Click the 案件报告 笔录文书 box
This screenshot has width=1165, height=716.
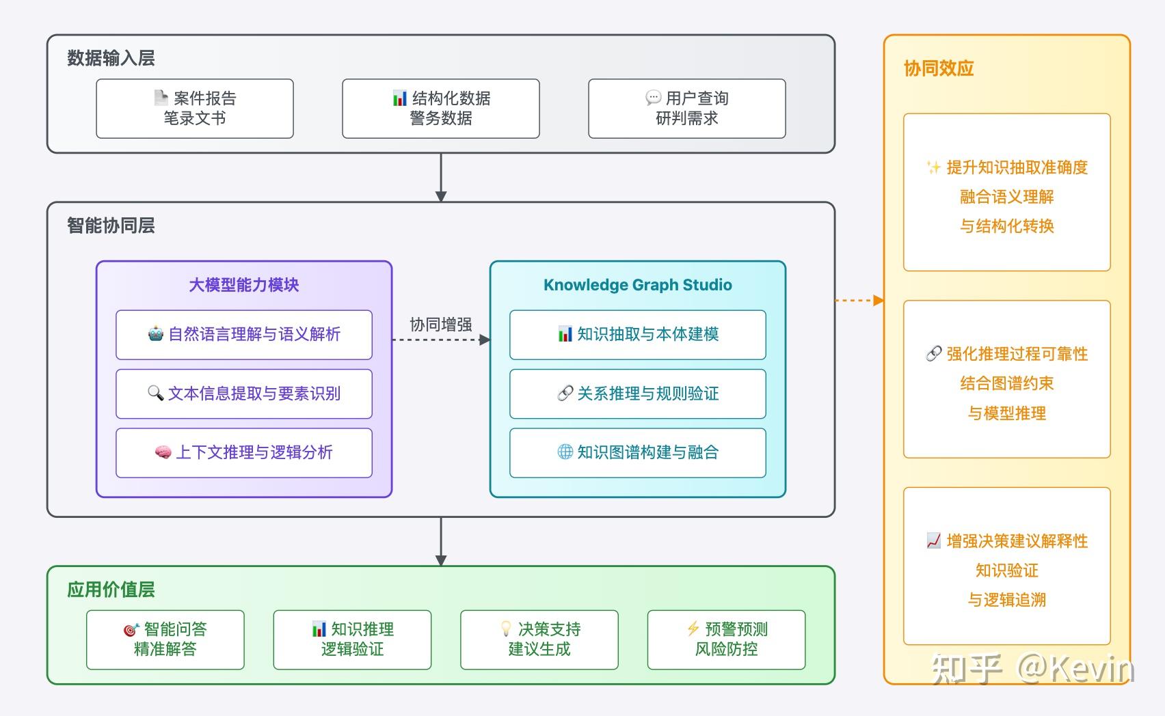195,109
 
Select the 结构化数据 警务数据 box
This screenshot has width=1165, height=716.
441,109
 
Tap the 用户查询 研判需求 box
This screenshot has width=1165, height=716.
687,109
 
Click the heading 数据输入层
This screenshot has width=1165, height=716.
111,58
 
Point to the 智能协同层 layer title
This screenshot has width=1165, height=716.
111,225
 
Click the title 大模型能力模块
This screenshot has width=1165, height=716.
244,285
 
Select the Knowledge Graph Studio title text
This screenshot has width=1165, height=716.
637,285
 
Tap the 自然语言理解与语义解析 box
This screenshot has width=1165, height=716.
244,335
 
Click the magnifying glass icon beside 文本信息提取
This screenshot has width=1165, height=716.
155,393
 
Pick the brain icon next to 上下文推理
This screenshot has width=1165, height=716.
163,452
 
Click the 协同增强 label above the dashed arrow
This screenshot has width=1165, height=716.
441,325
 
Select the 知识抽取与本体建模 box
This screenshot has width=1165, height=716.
637,335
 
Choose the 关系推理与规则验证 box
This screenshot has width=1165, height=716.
637,394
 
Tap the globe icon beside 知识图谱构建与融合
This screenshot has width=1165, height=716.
565,452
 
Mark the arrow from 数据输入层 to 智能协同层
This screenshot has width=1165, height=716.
441,177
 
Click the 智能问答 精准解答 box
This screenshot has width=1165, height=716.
165,639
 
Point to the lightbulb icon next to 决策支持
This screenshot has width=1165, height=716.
506,629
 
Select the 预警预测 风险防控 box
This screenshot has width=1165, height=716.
726,639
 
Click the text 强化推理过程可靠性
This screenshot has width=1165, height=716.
1016,354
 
